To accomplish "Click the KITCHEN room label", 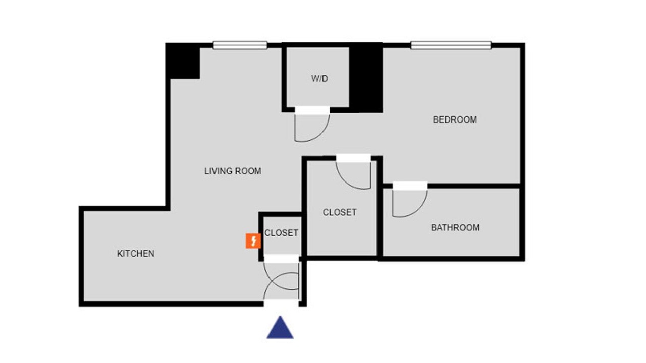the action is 136,254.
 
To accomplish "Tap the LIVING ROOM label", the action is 233,171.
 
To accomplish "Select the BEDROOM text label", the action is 455,120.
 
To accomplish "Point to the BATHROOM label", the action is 455,228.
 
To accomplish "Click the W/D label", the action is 319,78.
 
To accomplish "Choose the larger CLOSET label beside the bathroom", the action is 340,212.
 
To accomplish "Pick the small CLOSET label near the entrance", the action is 281,233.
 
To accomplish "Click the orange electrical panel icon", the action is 253,241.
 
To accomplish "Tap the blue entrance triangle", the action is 280,328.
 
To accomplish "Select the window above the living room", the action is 240,45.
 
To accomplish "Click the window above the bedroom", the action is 451,45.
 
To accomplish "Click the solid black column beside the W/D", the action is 366,78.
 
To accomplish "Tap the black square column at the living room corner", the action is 183,61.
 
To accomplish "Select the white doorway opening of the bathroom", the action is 410,186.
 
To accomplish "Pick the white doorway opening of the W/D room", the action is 312,110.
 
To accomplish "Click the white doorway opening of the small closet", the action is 281,259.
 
